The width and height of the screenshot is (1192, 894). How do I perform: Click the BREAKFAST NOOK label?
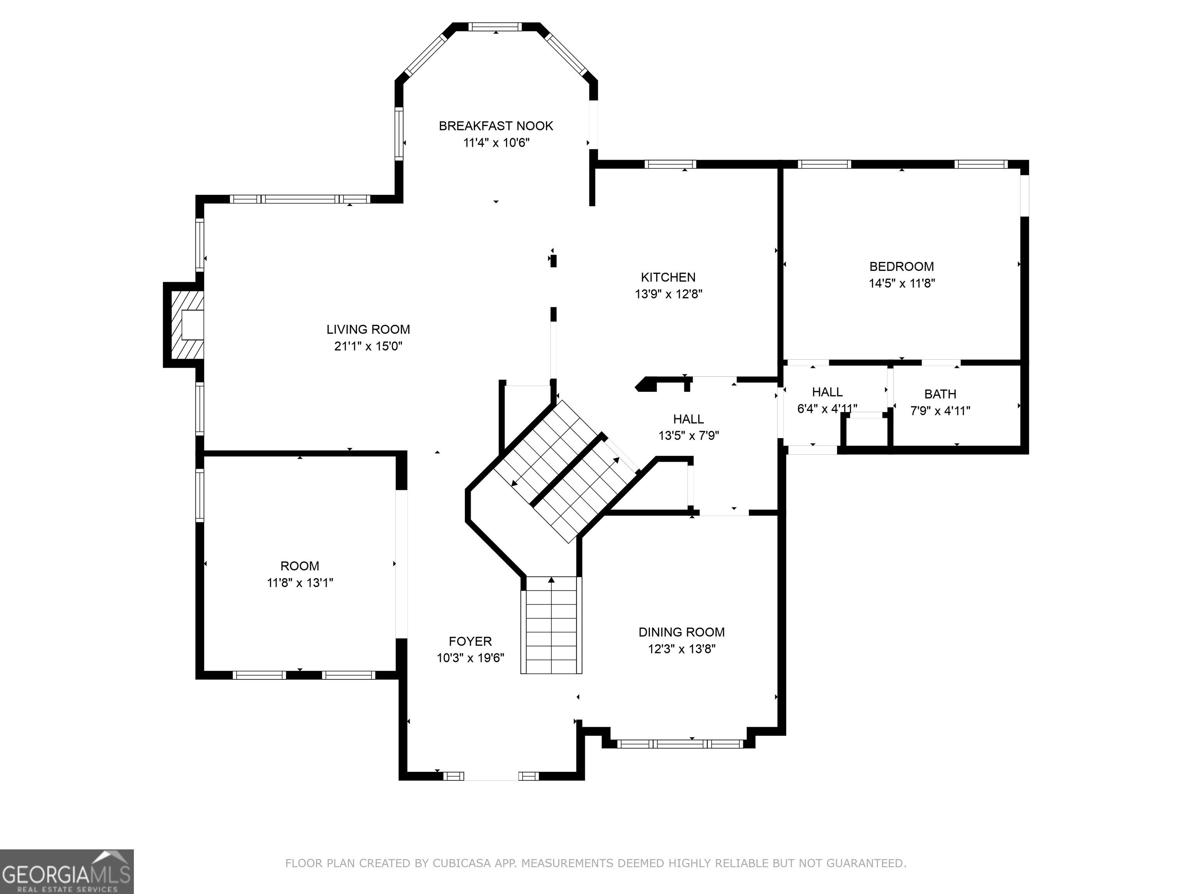pos(496,126)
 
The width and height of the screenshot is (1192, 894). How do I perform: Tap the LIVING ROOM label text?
pos(368,329)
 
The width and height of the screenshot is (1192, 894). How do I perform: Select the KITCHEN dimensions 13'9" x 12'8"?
pos(668,294)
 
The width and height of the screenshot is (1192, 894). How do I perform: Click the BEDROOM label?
pos(901,266)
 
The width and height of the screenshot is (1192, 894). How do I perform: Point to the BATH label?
pos(940,394)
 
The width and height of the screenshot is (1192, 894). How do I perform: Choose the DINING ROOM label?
pos(682,632)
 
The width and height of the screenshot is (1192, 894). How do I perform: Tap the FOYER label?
pos(470,641)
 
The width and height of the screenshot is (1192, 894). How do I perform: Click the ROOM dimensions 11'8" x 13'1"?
pos(300,582)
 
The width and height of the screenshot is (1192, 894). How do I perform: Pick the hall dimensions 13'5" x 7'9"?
pos(689,435)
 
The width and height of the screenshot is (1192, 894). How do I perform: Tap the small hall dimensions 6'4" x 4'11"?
pos(827,409)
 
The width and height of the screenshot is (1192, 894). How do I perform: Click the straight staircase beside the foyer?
pos(551,625)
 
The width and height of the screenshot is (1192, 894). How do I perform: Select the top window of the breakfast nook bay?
pos(495,27)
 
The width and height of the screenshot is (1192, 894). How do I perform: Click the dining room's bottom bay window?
pos(681,744)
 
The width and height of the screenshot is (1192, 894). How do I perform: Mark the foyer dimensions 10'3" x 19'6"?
pos(470,658)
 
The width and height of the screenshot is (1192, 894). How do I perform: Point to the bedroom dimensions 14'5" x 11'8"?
pos(901,283)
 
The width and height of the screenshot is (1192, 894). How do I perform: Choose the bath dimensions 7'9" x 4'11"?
pos(940,411)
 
